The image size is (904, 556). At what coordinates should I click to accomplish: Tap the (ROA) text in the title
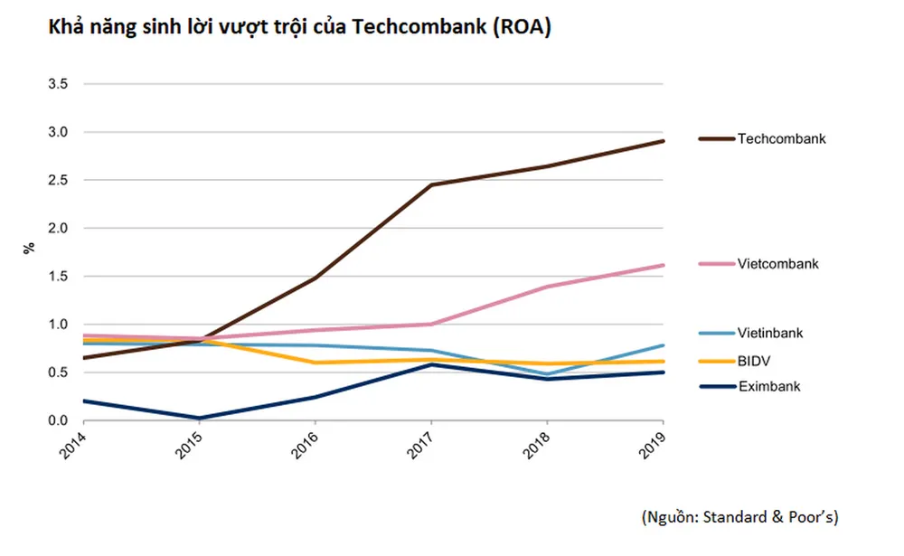(521, 28)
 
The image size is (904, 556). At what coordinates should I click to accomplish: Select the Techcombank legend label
(782, 139)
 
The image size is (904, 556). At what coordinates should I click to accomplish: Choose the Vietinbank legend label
(770, 334)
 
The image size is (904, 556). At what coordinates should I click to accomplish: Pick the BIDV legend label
(754, 361)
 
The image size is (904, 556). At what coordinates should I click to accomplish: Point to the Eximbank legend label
(769, 387)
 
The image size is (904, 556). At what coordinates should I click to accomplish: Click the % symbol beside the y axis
(29, 247)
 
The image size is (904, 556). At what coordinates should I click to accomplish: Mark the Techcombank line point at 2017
(431, 184)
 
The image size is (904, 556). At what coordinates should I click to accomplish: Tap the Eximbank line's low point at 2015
(198, 419)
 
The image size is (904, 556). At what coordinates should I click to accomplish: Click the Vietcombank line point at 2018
(548, 287)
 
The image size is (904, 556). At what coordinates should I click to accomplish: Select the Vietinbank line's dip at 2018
(548, 374)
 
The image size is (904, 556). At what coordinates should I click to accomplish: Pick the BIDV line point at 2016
(315, 363)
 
